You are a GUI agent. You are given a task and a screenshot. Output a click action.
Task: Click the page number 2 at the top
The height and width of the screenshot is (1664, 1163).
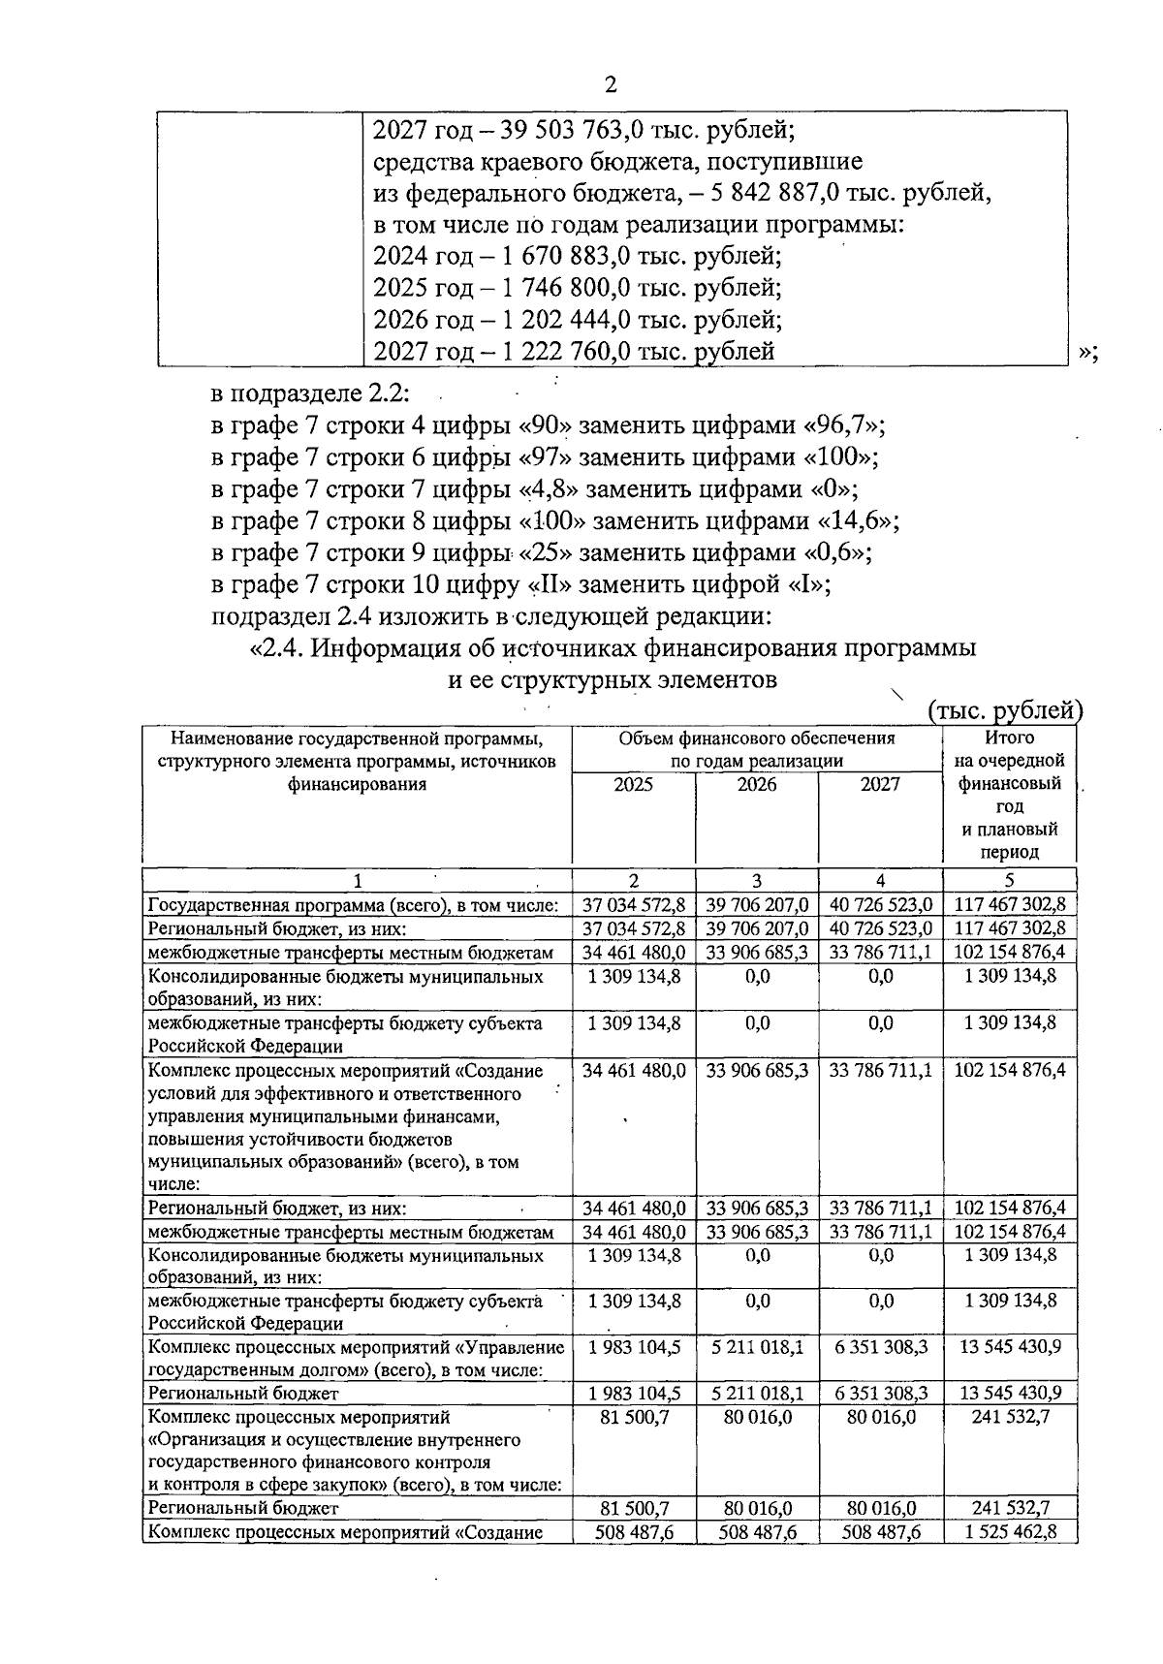pyautogui.click(x=610, y=84)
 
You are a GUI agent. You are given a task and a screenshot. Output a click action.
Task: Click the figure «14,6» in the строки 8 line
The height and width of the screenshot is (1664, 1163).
pyautogui.click(x=858, y=520)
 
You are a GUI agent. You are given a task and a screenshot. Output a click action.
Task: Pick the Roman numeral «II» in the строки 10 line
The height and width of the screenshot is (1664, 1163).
pyautogui.click(x=547, y=584)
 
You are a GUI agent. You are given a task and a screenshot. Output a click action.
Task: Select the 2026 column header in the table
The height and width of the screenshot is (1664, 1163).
pyautogui.click(x=756, y=785)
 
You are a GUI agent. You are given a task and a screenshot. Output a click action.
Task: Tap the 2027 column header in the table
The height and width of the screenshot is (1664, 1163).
pyautogui.click(x=880, y=785)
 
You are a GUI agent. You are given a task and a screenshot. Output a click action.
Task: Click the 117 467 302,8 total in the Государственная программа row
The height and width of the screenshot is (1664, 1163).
pyautogui.click(x=1010, y=904)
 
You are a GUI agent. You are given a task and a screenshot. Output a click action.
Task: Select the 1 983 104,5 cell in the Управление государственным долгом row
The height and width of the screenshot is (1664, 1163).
pyautogui.click(x=634, y=1347)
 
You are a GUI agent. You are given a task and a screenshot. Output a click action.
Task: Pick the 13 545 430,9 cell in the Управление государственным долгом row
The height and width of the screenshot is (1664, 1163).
pyautogui.click(x=1010, y=1347)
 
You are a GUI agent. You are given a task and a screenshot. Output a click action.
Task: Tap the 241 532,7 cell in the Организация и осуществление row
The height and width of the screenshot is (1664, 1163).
pyautogui.click(x=1010, y=1417)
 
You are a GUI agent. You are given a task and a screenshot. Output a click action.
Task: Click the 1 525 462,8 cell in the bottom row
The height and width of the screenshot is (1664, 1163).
pyautogui.click(x=1010, y=1532)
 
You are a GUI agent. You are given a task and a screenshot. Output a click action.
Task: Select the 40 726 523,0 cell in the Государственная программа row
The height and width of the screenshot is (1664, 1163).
pyautogui.click(x=880, y=904)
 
